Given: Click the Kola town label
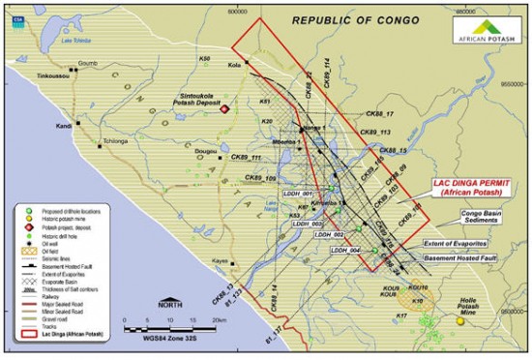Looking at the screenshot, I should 233,66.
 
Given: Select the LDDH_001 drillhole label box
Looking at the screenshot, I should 295,194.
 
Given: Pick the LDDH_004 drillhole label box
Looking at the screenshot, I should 344,250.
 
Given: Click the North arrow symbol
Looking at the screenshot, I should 170,304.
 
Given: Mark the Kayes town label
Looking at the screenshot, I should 221,261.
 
